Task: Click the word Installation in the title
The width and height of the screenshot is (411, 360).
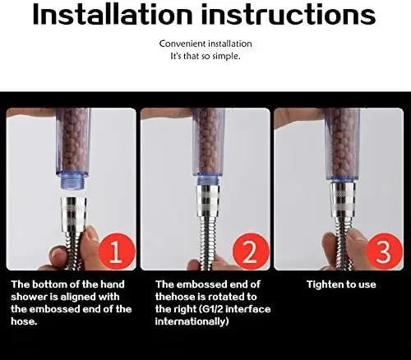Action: (x=113, y=14)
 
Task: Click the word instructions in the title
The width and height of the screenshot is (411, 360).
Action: (x=289, y=14)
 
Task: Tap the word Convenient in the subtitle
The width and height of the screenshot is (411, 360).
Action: (x=182, y=44)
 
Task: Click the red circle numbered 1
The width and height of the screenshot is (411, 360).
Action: (x=117, y=252)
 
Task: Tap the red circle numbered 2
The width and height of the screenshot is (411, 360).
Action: (x=251, y=252)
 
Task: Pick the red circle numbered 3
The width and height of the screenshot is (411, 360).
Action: (x=384, y=252)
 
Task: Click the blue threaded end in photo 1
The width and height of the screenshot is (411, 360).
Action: (x=72, y=182)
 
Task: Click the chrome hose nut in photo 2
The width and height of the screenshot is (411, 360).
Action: (x=208, y=200)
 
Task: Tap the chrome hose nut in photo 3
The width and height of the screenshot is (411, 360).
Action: (x=342, y=200)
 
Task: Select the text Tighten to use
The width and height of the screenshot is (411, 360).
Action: (x=341, y=284)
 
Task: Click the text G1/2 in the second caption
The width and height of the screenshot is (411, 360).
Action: (x=212, y=309)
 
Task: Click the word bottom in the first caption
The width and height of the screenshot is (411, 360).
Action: (x=50, y=284)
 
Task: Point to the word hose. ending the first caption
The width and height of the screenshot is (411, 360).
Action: (x=24, y=321)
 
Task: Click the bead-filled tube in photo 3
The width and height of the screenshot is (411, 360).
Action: (x=342, y=143)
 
